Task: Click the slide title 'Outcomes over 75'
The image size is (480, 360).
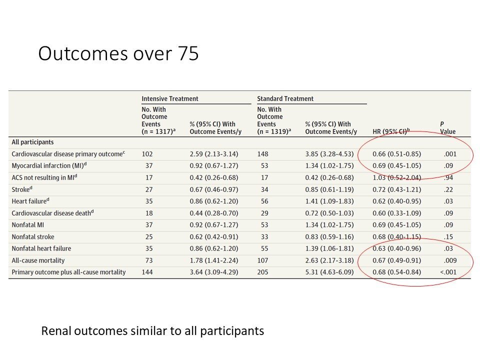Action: click(118, 53)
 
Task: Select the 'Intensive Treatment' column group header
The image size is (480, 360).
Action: click(170, 98)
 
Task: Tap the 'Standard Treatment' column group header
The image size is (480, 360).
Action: click(285, 98)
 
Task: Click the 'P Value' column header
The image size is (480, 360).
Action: click(447, 127)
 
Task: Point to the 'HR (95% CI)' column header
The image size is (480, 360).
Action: click(391, 131)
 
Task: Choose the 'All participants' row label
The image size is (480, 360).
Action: click(33, 142)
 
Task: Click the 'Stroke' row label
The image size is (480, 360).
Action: click(21, 189)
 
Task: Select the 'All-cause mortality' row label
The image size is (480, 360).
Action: click(38, 260)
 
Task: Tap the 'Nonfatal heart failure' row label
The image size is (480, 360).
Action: click(41, 248)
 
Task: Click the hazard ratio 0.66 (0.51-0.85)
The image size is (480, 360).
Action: click(396, 154)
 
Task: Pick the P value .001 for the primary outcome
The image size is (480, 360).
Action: click(450, 154)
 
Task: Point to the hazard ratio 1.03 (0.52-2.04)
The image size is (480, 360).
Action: click(396, 177)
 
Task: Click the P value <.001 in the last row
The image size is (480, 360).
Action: click(448, 272)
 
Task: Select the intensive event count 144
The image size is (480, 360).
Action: click(147, 272)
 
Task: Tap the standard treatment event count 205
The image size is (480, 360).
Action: click(262, 272)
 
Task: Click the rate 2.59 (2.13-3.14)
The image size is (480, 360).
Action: click(214, 154)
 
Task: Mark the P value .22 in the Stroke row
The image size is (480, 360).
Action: click(448, 189)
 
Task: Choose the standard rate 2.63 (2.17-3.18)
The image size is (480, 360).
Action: click(329, 260)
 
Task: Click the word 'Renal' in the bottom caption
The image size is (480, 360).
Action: click(58, 331)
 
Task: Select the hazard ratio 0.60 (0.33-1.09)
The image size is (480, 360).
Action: click(396, 213)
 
